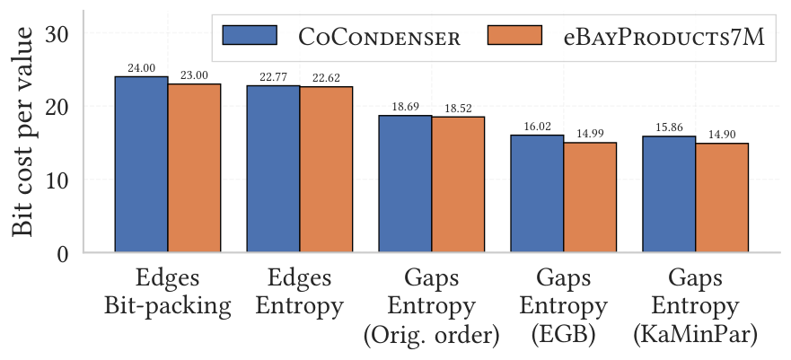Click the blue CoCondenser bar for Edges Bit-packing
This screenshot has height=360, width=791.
141,164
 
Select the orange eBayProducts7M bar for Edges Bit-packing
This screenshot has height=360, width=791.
194,168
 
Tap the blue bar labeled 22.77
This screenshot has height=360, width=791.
274,169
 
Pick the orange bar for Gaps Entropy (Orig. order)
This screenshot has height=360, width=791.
458,184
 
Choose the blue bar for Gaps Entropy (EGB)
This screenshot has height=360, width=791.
537,193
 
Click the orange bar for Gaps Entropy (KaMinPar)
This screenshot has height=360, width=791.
722,198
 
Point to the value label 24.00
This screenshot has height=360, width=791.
141,68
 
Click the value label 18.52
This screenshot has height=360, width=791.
458,109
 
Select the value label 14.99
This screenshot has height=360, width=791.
590,134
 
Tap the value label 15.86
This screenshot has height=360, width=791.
670,127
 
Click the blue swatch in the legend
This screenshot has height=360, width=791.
250,35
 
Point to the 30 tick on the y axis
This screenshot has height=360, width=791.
59,34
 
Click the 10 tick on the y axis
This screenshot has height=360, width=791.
59,180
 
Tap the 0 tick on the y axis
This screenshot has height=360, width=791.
63,253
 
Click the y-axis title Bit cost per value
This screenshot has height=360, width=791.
22,132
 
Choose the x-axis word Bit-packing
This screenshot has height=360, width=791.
168,306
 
